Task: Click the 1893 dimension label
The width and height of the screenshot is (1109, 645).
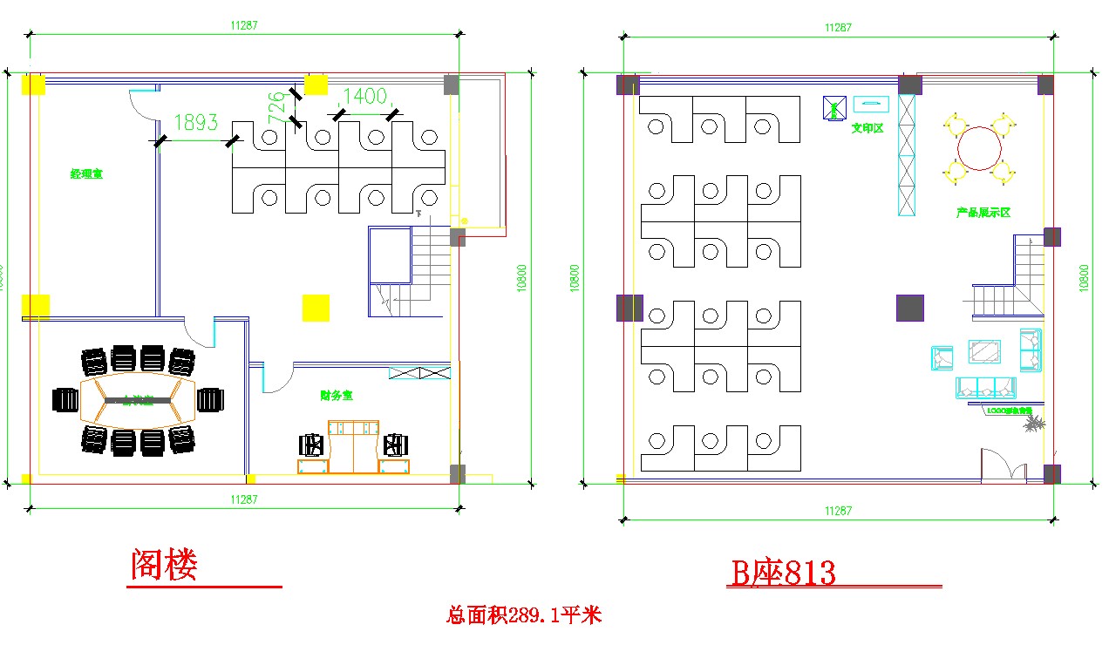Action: (x=196, y=123)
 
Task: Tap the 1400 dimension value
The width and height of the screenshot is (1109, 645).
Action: (x=364, y=97)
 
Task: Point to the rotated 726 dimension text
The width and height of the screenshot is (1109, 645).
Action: (x=277, y=108)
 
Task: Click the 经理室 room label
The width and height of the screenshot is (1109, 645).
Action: (x=87, y=174)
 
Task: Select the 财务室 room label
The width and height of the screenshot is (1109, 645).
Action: (x=337, y=396)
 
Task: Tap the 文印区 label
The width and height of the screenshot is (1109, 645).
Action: (x=867, y=128)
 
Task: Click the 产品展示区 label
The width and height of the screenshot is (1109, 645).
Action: (x=983, y=213)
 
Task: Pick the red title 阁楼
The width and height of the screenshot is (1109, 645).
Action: (x=165, y=565)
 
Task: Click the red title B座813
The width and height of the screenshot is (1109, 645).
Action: (x=783, y=574)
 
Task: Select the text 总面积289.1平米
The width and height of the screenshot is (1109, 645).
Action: (x=524, y=615)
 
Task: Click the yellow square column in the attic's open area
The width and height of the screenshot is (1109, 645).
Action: (x=316, y=308)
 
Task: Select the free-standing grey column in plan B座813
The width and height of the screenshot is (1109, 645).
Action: (x=909, y=308)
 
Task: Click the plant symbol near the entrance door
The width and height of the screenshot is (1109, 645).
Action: (x=1035, y=424)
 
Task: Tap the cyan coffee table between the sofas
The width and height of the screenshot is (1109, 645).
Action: (x=986, y=350)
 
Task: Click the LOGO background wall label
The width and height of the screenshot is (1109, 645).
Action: (x=1010, y=410)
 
